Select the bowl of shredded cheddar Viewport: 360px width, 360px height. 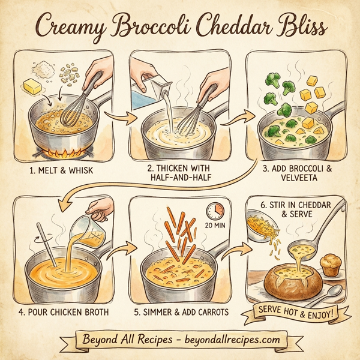pyautogui.click(x=262, y=227)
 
